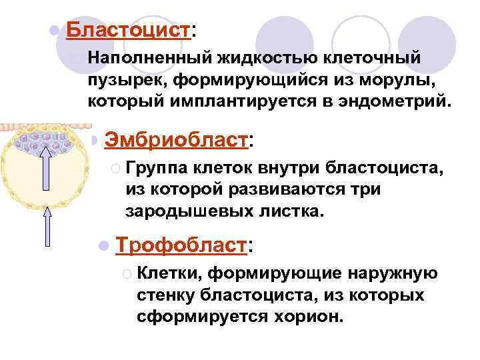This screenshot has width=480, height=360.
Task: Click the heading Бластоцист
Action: tap(128, 30)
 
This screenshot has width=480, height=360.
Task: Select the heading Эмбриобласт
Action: tap(176, 140)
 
